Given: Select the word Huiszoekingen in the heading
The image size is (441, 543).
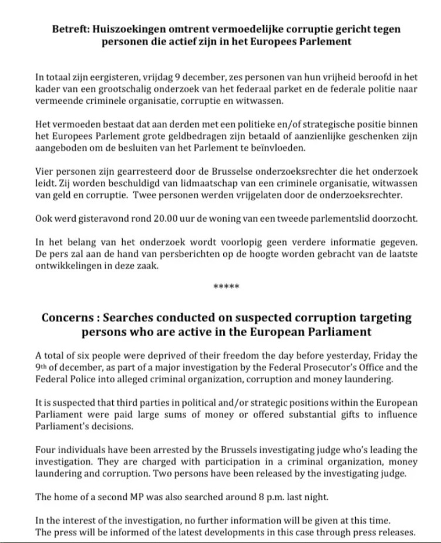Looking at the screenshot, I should (127, 28).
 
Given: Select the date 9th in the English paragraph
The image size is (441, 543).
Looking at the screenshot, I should (42, 367).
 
